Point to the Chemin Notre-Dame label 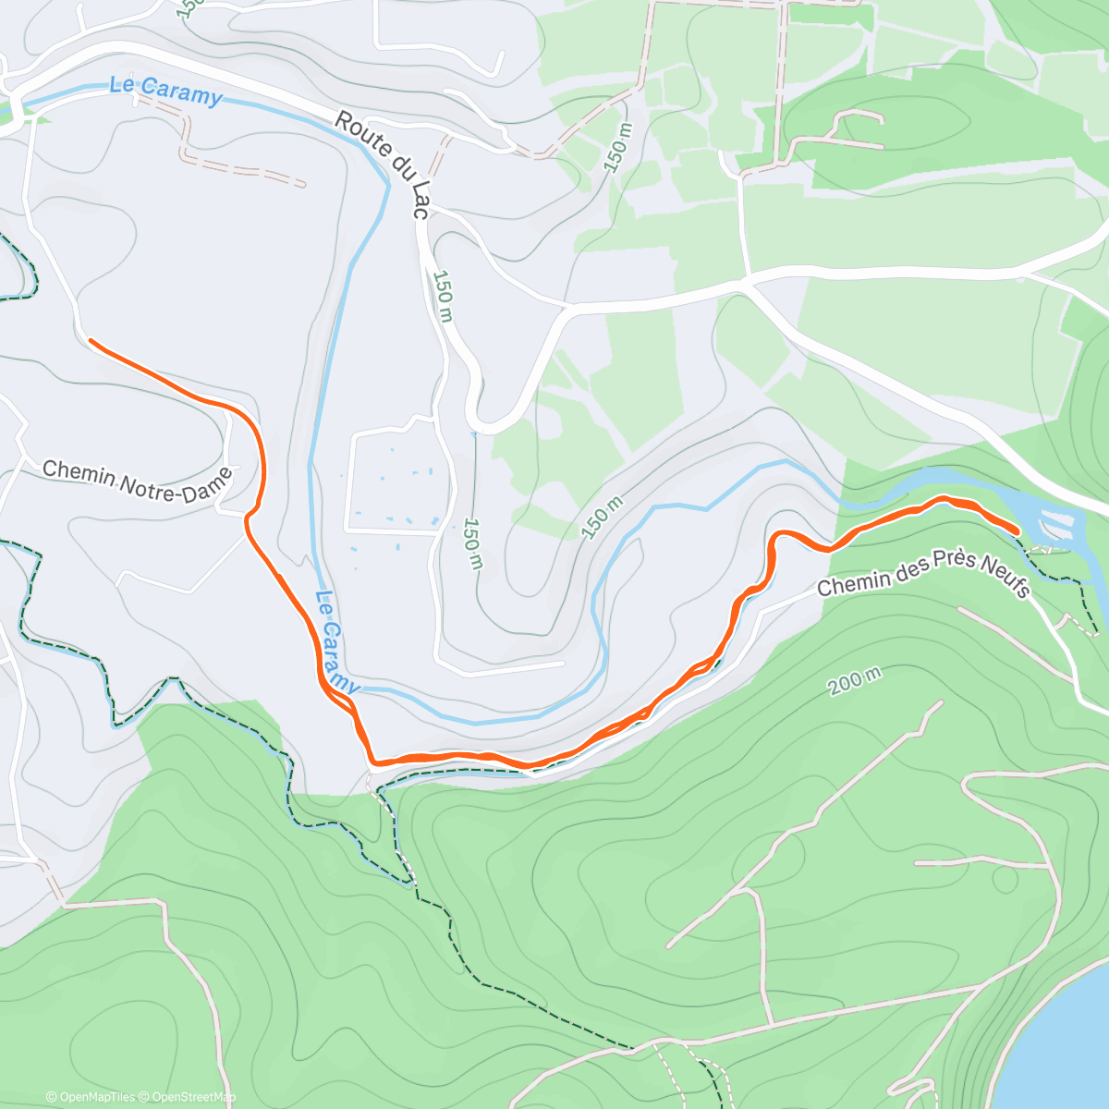(x=137, y=481)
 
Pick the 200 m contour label (x=854, y=680)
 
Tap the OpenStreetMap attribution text (x=193, y=1097)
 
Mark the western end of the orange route (x=91, y=341)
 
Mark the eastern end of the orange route (x=1017, y=530)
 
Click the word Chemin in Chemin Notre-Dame (x=79, y=473)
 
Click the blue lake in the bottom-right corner (x=1063, y=1044)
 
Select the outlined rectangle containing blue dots (x=397, y=481)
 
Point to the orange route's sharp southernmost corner (x=372, y=762)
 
